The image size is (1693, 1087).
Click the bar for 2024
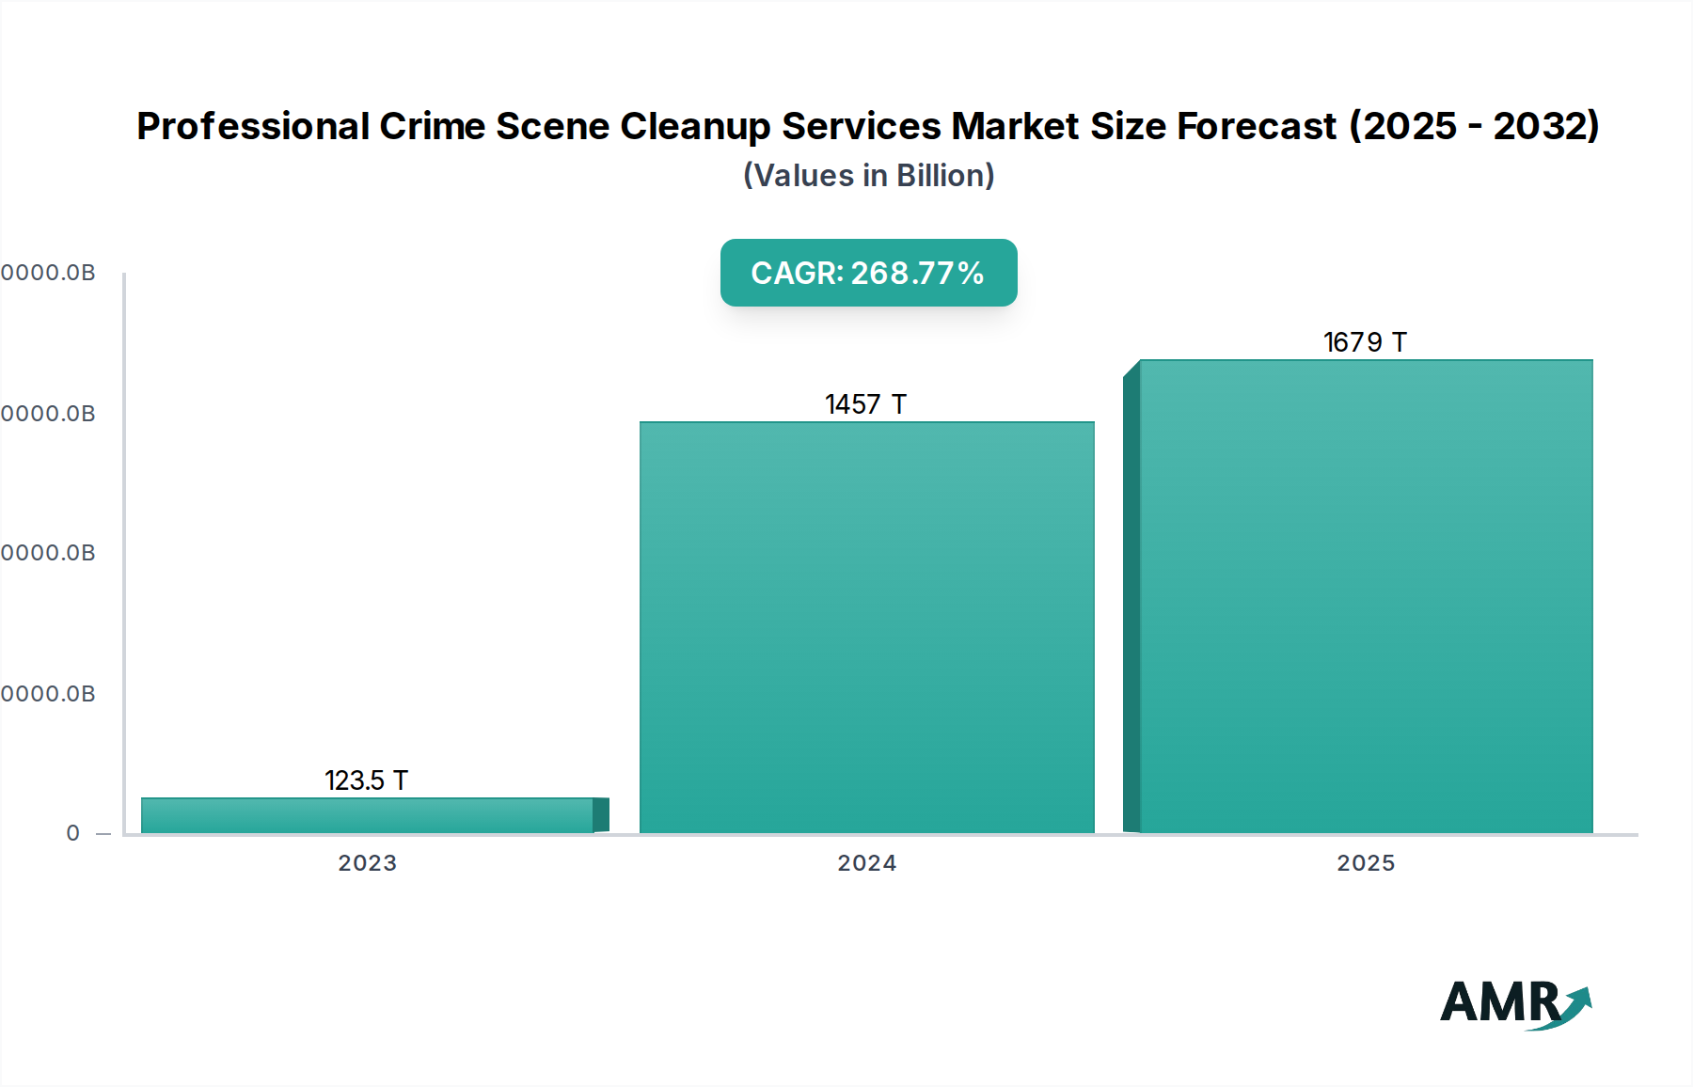[x=866, y=627]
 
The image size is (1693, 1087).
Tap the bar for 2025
[x=1366, y=596]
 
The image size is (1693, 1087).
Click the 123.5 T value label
[x=366, y=780]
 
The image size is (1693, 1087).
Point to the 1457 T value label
[x=865, y=404]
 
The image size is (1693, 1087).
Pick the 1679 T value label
[x=1365, y=342]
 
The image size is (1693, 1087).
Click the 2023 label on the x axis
[x=368, y=863]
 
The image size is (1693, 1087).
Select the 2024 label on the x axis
[x=866, y=863]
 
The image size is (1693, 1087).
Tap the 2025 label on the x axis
[x=1366, y=863]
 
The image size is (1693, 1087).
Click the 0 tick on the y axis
[x=73, y=833]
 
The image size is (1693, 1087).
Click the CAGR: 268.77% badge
[x=868, y=273]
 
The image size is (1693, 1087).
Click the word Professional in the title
[x=253, y=126]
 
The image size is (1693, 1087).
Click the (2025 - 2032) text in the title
[x=1474, y=126]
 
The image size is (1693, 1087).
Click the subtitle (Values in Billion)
[x=868, y=176]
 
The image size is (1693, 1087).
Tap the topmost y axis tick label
[x=48, y=273]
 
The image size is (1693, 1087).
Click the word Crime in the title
[x=432, y=126]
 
